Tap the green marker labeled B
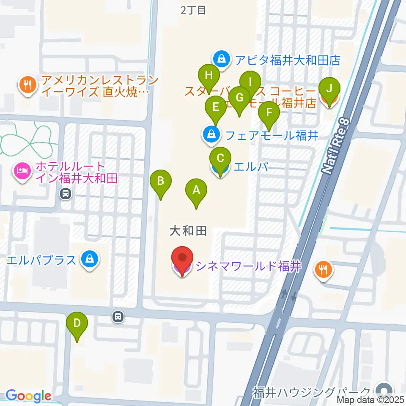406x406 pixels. click(x=161, y=182)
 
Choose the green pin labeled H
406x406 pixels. click(x=208, y=76)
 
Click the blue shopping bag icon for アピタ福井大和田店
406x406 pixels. click(x=222, y=60)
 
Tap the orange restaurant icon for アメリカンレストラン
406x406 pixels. click(x=28, y=85)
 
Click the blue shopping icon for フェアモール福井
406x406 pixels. click(x=210, y=135)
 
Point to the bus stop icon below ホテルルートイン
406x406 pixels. click(x=66, y=194)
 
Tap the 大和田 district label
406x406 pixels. click(x=188, y=230)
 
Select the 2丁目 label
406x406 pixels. click(x=193, y=10)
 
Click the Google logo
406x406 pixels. click(x=28, y=396)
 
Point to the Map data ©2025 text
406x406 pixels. click(x=370, y=400)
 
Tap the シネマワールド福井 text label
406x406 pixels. click(x=247, y=266)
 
